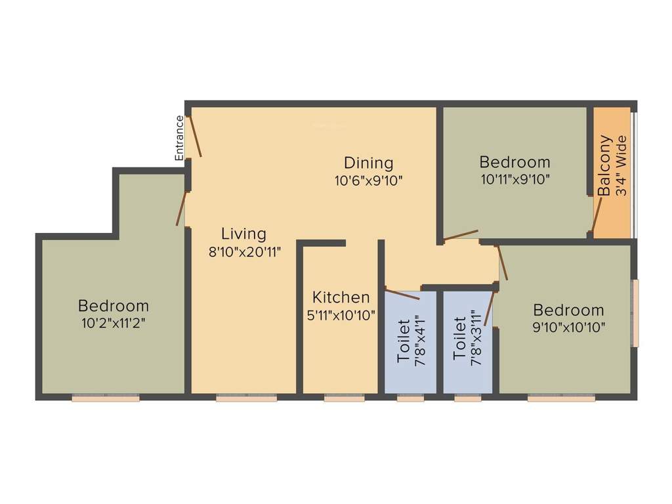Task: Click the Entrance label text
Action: pyautogui.click(x=178, y=138)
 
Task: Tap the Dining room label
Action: pyautogui.click(x=369, y=163)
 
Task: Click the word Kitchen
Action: pyautogui.click(x=341, y=297)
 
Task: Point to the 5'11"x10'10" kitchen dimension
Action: pyautogui.click(x=341, y=315)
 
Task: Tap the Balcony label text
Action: pyautogui.click(x=604, y=165)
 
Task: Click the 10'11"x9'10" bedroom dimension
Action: pyautogui.click(x=514, y=178)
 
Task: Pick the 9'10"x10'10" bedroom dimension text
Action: pyautogui.click(x=568, y=326)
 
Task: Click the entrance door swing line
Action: pyautogui.click(x=196, y=136)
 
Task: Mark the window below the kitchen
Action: pyautogui.click(x=344, y=398)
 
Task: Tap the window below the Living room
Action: pyautogui.click(x=246, y=398)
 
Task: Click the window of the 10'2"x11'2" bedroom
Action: pyautogui.click(x=105, y=398)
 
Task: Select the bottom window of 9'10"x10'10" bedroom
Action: pyautogui.click(x=561, y=398)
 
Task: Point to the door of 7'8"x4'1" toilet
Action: pyautogui.click(x=402, y=294)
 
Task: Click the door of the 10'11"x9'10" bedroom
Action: pyautogui.click(x=461, y=236)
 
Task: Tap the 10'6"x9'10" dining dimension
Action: pyautogui.click(x=369, y=180)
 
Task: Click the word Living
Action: pyautogui.click(x=243, y=234)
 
